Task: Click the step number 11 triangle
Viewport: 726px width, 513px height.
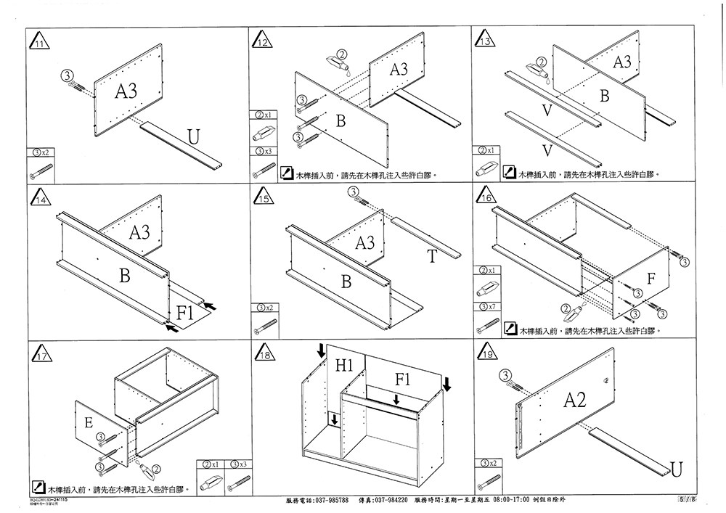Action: pos(40,42)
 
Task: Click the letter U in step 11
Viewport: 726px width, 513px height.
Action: pos(193,136)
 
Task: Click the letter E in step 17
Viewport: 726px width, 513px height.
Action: pos(89,422)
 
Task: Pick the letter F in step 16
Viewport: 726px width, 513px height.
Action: pos(651,279)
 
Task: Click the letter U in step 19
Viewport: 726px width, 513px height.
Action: pos(675,470)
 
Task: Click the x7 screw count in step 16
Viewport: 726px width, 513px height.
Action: pos(490,307)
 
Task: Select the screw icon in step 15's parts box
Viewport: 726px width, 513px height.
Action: pos(266,323)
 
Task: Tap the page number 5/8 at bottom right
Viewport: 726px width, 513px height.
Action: pos(687,500)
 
